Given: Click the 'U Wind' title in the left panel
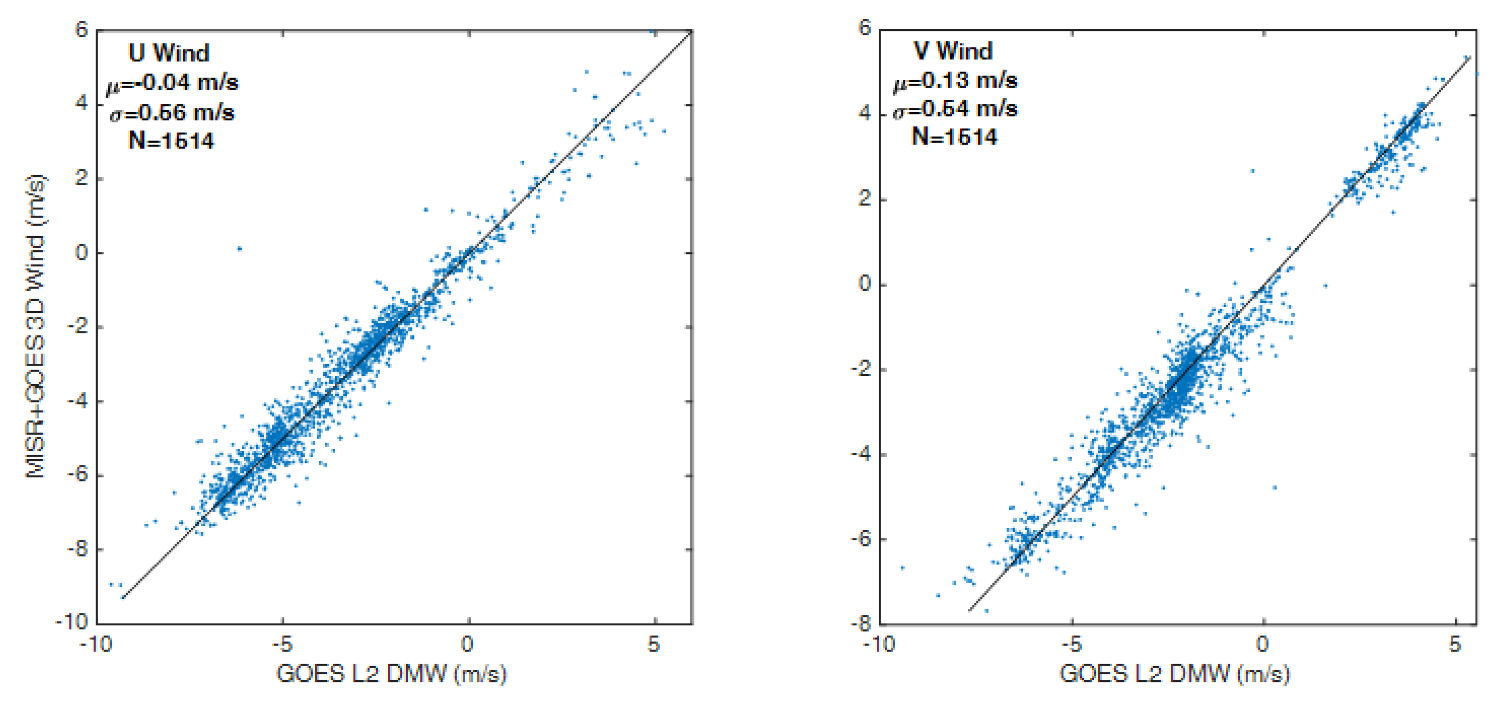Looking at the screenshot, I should tap(169, 53).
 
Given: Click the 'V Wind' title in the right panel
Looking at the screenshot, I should tap(953, 51).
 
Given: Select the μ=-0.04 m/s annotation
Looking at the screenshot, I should tap(172, 82).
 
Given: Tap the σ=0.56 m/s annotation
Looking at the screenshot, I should tap(172, 112).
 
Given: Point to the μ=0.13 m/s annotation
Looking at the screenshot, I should tap(955, 80).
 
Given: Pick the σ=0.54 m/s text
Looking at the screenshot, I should tap(955, 109).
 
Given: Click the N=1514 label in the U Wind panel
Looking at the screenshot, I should tap(171, 141).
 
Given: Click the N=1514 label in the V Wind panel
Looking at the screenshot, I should tap(955, 136).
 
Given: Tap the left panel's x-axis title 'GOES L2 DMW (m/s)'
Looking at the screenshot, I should tap(391, 674).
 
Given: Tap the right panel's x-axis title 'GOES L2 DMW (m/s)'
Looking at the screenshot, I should tap(1175, 674).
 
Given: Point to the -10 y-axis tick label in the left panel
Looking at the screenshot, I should tap(71, 623).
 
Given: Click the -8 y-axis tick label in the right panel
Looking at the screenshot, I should tap(861, 624).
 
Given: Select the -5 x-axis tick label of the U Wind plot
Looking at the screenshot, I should tap(282, 645).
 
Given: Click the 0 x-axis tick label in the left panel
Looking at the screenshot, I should tap(468, 645).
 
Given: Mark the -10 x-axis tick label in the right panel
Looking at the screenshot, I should tap(879, 645).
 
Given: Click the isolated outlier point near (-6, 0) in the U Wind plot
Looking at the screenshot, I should tap(239, 249).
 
